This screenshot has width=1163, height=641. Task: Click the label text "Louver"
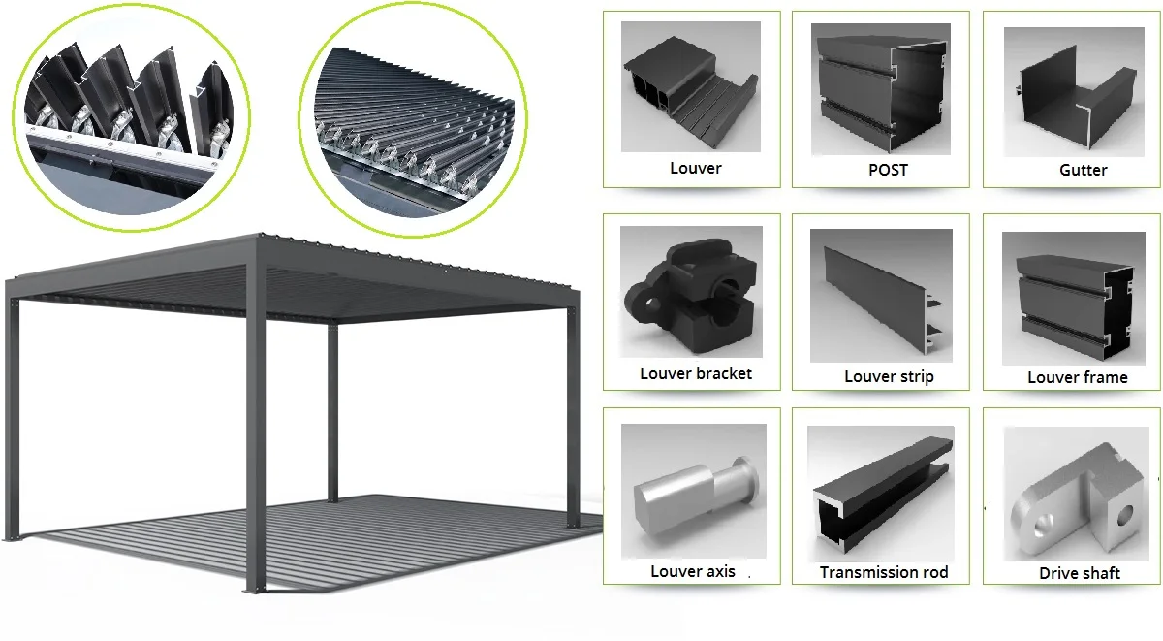click(x=695, y=168)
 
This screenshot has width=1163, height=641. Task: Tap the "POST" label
click(x=888, y=169)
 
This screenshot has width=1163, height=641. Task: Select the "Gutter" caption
click(x=1083, y=170)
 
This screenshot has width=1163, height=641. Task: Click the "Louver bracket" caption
click(x=695, y=373)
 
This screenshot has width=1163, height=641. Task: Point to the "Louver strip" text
click(x=889, y=376)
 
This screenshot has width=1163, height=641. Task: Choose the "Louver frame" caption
click(x=1078, y=377)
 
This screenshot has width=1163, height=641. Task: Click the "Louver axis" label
click(x=692, y=571)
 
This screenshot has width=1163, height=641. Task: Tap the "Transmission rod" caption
click(x=883, y=572)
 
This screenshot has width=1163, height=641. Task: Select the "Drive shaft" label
click(x=1079, y=573)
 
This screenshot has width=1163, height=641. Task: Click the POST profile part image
click(x=882, y=92)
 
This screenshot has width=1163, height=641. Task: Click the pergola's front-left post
click(x=11, y=417)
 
